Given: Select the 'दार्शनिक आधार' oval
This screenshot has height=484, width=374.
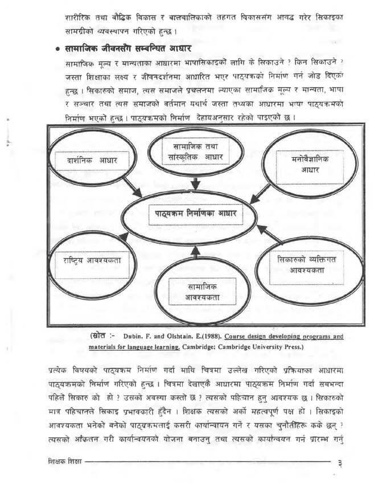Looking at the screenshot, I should coord(92,161).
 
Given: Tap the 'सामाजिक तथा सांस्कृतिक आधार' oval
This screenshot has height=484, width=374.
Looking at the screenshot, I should coord(195,152).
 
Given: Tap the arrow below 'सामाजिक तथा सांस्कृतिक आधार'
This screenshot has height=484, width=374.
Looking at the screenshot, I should coord(195,183).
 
